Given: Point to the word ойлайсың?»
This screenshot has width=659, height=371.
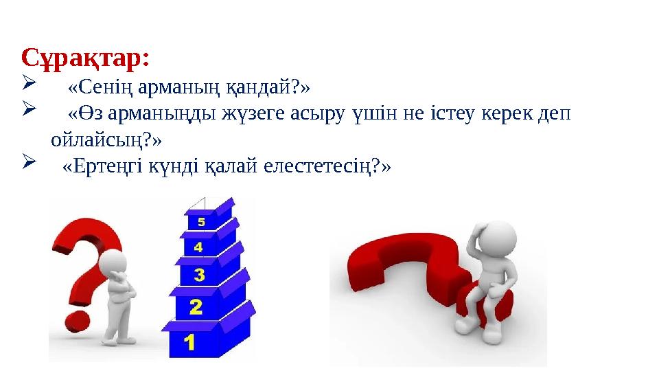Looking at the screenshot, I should pos(106,140).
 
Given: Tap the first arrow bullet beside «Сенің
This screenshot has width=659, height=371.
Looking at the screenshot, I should pos(27,85).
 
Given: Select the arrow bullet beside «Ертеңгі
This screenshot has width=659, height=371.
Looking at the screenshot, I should pos(27,165).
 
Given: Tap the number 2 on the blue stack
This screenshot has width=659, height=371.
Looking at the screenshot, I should pos(195,307).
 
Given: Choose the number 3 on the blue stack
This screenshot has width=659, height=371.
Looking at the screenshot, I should pos(198,275).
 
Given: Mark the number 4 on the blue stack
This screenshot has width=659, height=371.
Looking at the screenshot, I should pos(198,246).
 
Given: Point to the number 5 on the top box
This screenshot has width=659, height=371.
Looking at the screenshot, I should pos(200,222).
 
